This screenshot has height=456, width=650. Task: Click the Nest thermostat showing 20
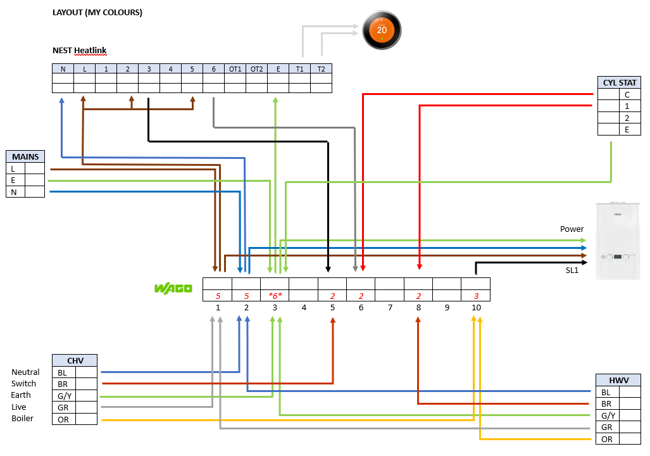click(382, 30)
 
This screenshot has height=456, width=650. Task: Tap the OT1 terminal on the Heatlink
click(235, 69)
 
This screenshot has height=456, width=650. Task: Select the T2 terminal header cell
click(321, 69)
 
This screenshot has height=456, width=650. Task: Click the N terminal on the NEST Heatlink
click(63, 69)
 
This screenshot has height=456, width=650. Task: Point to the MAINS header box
click(25, 156)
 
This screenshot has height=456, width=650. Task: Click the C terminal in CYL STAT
click(627, 94)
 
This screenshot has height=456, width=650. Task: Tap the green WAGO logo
click(173, 289)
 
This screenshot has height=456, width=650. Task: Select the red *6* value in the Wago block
click(275, 295)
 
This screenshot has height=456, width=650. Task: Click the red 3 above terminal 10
click(476, 295)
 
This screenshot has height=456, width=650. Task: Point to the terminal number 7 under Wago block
click(390, 308)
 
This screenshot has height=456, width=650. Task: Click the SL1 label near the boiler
click(573, 270)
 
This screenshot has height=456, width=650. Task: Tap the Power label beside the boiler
click(572, 229)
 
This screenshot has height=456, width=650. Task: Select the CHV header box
click(75, 360)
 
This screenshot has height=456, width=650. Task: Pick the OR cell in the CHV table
click(63, 419)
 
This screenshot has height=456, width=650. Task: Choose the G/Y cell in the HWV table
click(607, 415)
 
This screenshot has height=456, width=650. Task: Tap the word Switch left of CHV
click(24, 384)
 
